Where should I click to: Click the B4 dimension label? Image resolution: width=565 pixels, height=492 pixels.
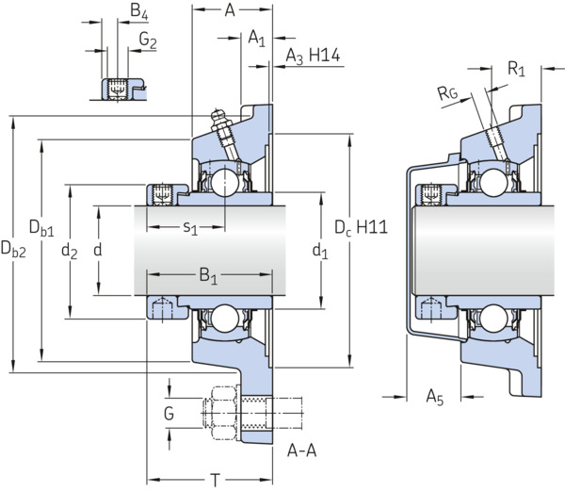(139, 11)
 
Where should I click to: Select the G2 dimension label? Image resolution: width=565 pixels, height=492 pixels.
(148, 40)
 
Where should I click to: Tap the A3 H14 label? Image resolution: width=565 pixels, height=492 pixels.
(313, 57)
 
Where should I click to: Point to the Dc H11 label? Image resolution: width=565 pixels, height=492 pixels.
(361, 228)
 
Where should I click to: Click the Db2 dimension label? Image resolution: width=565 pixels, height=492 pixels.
(13, 249)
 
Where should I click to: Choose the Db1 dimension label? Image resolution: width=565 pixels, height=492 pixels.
(41, 228)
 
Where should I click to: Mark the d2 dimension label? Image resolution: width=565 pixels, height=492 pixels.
(69, 251)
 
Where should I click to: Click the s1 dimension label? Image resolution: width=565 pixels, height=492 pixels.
(190, 228)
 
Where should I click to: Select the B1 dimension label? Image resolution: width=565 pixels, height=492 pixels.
(209, 276)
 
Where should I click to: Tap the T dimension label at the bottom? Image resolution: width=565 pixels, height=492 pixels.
(215, 481)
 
